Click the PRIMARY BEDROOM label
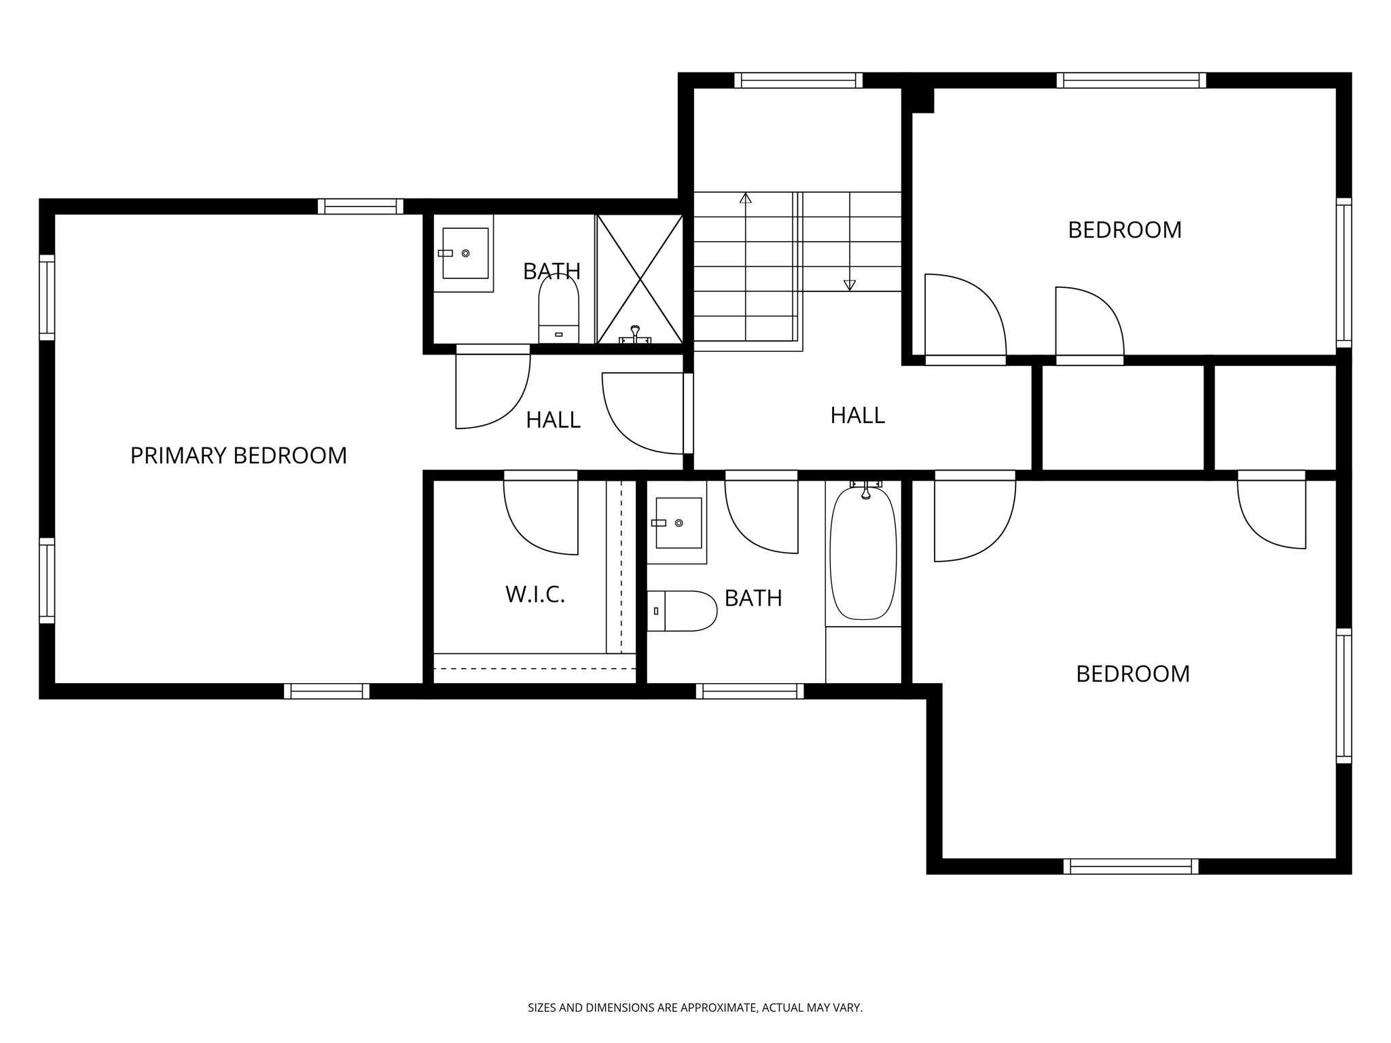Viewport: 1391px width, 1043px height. (x=238, y=456)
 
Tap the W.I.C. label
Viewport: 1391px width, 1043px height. (x=535, y=595)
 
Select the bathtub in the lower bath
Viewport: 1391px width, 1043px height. (x=863, y=553)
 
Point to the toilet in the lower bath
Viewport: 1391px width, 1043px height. (x=681, y=611)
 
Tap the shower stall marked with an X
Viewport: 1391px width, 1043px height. (x=640, y=279)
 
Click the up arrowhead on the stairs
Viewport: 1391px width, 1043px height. (x=746, y=198)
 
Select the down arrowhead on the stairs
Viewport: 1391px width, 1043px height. (x=849, y=286)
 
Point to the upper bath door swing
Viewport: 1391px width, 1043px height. (x=493, y=391)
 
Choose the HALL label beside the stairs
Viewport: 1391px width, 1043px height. (x=857, y=416)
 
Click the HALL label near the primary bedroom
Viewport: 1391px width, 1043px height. (x=553, y=420)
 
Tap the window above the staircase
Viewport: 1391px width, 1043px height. (x=798, y=80)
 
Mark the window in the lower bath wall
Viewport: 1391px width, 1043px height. (x=750, y=691)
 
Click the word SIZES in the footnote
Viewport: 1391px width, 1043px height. (x=542, y=1008)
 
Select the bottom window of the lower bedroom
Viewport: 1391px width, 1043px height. (x=1131, y=866)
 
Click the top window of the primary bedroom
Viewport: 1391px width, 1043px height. (x=361, y=206)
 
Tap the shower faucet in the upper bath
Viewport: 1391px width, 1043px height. (x=635, y=335)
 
